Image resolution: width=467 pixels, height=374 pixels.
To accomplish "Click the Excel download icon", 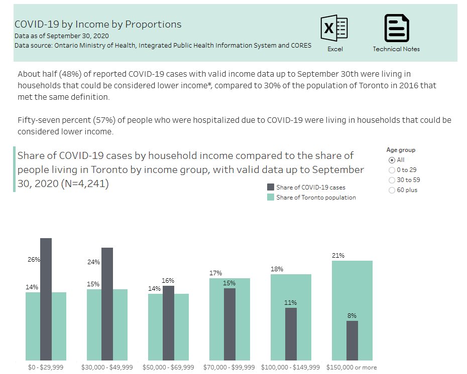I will click(334, 28).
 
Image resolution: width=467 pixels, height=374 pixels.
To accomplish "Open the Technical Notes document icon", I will click(396, 28).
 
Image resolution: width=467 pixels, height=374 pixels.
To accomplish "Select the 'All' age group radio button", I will click(392, 160).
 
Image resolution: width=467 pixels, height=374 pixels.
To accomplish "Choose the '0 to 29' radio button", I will click(392, 170).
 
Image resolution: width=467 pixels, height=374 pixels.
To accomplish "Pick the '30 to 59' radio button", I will click(392, 180).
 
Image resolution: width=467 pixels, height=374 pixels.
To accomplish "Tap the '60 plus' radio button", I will click(392, 190).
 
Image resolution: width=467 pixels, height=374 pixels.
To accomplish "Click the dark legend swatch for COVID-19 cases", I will click(271, 188).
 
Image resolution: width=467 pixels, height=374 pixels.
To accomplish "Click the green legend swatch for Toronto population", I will click(271, 198).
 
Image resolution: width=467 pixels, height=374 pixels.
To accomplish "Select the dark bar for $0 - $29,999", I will click(46, 299).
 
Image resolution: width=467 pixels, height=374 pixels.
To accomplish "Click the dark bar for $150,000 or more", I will click(352, 340).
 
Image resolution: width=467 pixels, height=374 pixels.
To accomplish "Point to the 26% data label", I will click(33, 260).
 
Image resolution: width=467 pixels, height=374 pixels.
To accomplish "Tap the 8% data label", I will click(352, 316).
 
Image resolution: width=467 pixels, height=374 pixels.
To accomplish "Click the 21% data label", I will click(338, 256).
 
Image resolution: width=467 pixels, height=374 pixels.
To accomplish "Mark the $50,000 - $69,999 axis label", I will click(168, 367).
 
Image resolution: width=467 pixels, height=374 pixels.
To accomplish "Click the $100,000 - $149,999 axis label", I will click(291, 367).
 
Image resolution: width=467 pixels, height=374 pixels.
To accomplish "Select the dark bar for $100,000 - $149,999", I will click(291, 334).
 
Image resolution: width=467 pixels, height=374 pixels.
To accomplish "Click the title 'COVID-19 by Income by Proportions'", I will click(98, 24).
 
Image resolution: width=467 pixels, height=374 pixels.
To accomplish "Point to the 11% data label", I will click(290, 303).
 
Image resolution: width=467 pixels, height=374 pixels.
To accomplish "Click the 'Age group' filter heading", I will click(401, 150).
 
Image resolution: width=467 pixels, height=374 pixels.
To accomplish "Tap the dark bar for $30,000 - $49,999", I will click(107, 304).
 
